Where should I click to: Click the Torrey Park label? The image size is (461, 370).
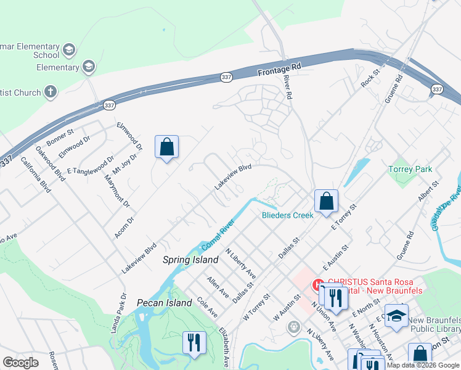point(410,169)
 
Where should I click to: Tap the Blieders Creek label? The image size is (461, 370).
point(288,215)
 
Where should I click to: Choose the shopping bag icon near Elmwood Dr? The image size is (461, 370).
point(166,147)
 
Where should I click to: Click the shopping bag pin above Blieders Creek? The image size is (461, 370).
point(326,200)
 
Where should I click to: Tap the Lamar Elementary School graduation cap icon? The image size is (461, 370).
point(69,49)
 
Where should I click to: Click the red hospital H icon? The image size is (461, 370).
point(319,284)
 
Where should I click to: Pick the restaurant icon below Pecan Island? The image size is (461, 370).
point(194,342)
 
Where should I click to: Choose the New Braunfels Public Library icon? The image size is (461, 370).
point(396,316)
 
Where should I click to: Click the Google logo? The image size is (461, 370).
point(20,363)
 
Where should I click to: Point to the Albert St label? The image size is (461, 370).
point(429,192)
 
